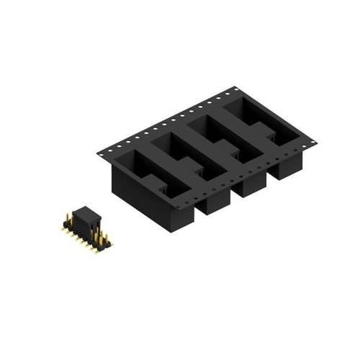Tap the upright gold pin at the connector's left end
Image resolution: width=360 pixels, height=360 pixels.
67,216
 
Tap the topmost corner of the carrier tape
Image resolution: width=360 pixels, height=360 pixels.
235,87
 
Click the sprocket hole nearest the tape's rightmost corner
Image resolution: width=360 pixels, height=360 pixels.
311,143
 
